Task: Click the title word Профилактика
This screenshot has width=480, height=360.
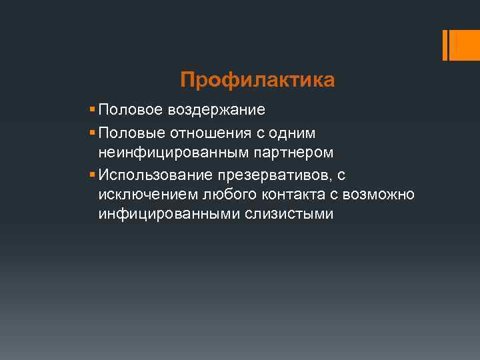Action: (x=257, y=81)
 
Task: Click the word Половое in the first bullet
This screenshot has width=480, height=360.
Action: (x=130, y=109)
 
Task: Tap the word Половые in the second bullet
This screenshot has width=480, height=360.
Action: (x=131, y=134)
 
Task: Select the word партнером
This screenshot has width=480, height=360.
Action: (x=291, y=153)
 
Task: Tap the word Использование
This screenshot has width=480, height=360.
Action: (x=155, y=175)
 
